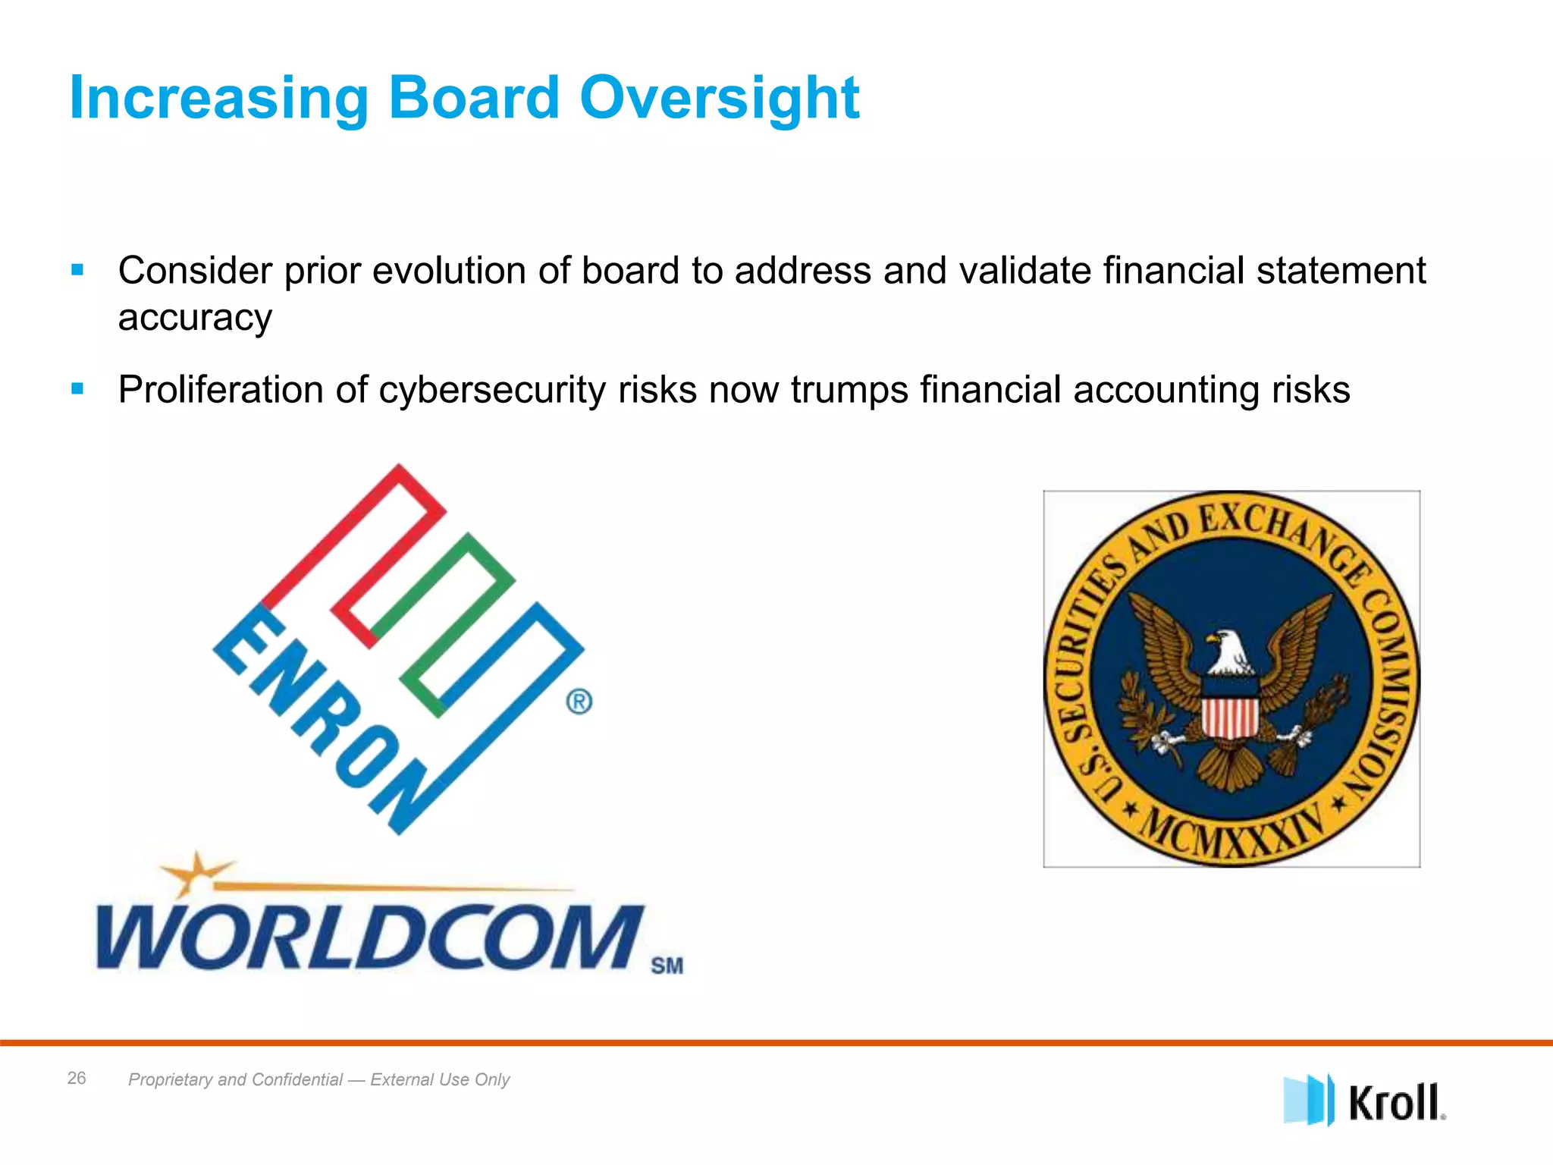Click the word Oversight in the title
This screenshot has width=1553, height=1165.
point(719,99)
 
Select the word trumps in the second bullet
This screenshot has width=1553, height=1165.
point(849,390)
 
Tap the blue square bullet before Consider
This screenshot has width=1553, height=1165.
point(77,270)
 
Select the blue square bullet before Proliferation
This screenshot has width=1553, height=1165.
point(77,389)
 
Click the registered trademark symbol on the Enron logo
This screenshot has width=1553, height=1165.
point(579,702)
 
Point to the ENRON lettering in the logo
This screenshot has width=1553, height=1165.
point(318,721)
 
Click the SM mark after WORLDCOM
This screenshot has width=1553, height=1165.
point(667,966)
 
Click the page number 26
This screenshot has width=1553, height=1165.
point(77,1078)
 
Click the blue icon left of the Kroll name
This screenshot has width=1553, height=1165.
point(1307,1100)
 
